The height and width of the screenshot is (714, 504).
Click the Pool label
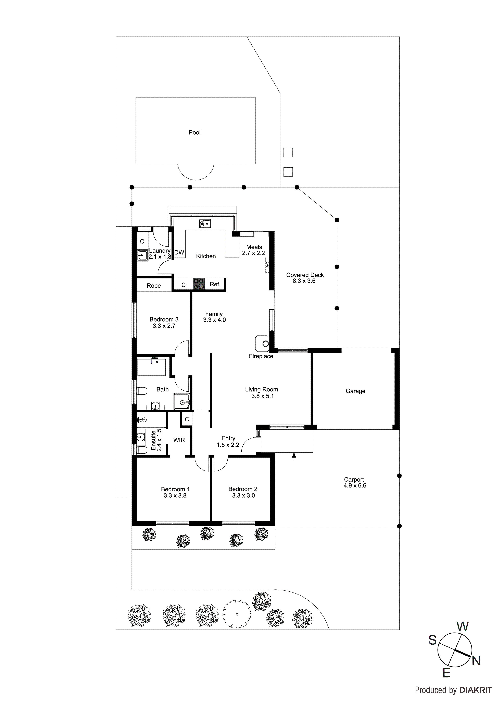pos(194,133)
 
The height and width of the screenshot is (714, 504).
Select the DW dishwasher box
pos(179,253)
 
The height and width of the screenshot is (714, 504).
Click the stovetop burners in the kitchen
pos(199,284)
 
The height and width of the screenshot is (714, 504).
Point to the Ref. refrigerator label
pos(215,284)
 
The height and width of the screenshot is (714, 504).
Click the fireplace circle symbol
pos(265,344)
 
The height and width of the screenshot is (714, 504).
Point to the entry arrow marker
pos(294,456)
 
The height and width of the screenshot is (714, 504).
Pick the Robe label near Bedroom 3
pos(154,286)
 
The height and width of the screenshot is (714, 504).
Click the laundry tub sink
pos(142,256)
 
